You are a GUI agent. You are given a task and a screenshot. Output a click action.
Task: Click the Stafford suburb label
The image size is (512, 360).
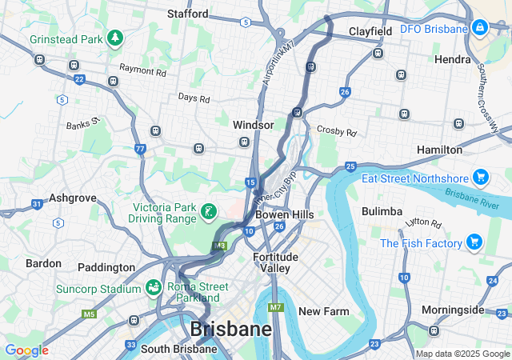click(187, 14)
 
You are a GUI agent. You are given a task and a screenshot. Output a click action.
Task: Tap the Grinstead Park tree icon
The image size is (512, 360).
click(115, 38)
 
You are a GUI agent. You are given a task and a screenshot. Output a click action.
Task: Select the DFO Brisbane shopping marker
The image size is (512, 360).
click(479, 29)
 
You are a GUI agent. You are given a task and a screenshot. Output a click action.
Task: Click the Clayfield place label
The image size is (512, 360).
click(370, 31)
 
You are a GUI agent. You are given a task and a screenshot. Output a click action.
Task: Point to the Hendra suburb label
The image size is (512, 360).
click(452, 59)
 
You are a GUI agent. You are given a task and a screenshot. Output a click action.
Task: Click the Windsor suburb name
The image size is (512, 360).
click(253, 125)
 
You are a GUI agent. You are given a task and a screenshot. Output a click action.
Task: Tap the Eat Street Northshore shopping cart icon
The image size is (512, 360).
click(480, 178)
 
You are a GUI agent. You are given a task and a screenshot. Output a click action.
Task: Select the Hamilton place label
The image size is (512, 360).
click(439, 150)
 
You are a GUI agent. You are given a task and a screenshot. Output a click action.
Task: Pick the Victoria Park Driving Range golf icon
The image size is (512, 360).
click(208, 212)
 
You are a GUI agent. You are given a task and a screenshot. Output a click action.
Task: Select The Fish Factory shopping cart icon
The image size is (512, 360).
click(474, 242)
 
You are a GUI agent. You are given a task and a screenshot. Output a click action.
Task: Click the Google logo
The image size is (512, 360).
click(26, 350)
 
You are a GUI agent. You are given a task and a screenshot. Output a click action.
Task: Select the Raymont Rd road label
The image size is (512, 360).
click(142, 71)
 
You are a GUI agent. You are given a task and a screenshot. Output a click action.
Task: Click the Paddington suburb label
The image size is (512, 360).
click(106, 266)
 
